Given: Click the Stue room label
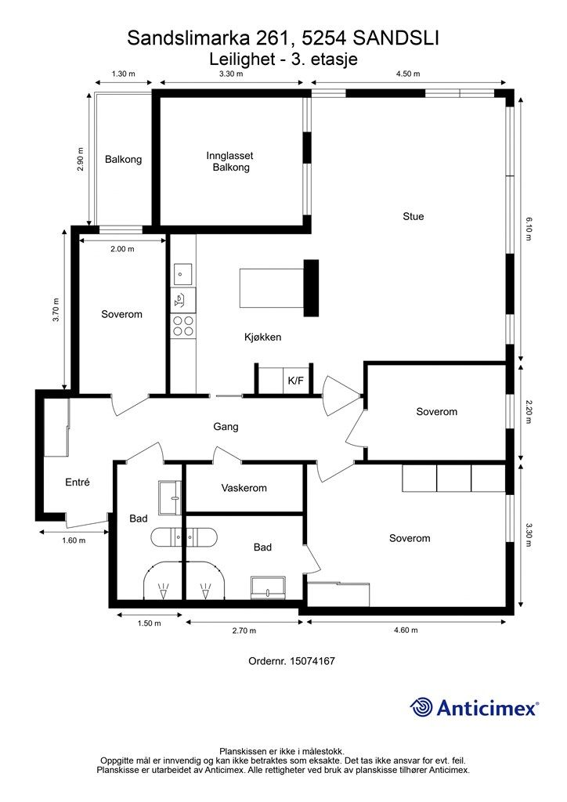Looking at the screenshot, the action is [x=413, y=216].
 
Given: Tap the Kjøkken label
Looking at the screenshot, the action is [x=263, y=337].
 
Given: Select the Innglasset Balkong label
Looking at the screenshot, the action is [x=230, y=161].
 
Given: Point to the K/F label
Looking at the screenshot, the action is [x=295, y=381].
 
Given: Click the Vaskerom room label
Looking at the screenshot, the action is [x=244, y=488].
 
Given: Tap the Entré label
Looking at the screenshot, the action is [x=78, y=482].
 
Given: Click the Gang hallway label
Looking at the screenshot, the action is [x=226, y=427].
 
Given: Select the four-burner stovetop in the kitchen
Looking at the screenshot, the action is [x=183, y=326].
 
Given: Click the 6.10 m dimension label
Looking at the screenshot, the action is [x=529, y=229].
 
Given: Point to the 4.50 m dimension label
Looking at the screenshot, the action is [x=408, y=74].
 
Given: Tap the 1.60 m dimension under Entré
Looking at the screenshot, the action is [x=74, y=540].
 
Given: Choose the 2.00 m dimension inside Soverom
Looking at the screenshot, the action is [x=122, y=248].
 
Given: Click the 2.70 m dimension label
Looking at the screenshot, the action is [x=244, y=630].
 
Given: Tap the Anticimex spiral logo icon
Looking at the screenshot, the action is [x=421, y=707].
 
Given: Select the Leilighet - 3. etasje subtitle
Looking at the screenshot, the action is [x=283, y=60].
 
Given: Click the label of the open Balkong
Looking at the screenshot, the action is [x=123, y=159].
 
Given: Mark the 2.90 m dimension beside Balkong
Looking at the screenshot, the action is [x=81, y=159].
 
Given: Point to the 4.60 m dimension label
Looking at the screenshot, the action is [x=406, y=630].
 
